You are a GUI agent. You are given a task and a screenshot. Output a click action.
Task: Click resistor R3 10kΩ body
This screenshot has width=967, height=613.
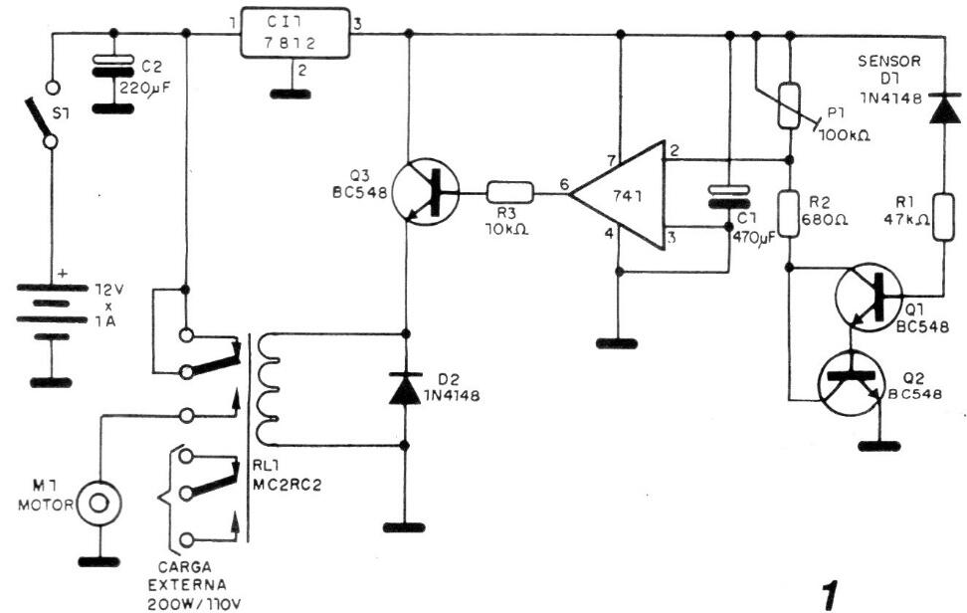click(x=509, y=192)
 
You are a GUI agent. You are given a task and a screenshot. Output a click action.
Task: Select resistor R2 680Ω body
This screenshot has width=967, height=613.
click(x=790, y=214)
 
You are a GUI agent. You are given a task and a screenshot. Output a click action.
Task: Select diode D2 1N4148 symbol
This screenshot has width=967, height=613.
click(x=405, y=387)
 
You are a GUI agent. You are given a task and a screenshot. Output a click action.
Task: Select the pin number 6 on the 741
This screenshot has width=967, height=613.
click(x=564, y=183)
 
